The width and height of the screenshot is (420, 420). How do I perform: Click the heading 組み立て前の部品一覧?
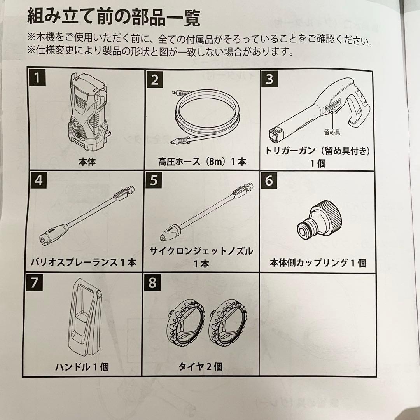(x=114, y=17)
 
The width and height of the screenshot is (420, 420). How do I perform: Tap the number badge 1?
(x=37, y=79)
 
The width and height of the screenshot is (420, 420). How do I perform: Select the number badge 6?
(x=269, y=181)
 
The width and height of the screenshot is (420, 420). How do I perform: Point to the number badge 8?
(x=152, y=283)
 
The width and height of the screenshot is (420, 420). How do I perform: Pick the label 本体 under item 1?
(x=86, y=161)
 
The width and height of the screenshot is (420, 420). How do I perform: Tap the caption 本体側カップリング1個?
(x=318, y=263)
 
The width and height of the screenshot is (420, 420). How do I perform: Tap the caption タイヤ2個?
(x=200, y=366)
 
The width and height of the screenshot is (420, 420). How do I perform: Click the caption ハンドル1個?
(x=82, y=366)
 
